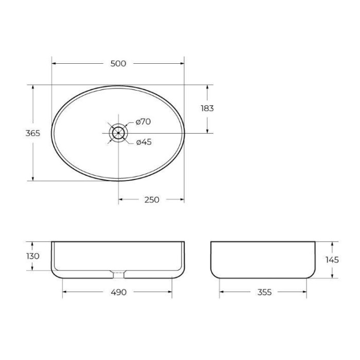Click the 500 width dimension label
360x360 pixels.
click(x=118, y=63)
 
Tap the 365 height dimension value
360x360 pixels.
click(x=33, y=133)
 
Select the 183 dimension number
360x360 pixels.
click(x=207, y=109)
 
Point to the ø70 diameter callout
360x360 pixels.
click(x=143, y=122)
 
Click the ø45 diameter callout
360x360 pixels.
click(x=143, y=142)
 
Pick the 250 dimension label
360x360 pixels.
click(x=151, y=200)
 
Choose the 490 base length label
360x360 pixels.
click(x=118, y=292)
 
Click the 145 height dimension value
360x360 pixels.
click(x=332, y=260)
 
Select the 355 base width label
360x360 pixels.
click(x=263, y=292)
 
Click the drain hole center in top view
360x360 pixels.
click(x=118, y=133)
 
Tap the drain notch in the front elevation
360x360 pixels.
click(x=118, y=271)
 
